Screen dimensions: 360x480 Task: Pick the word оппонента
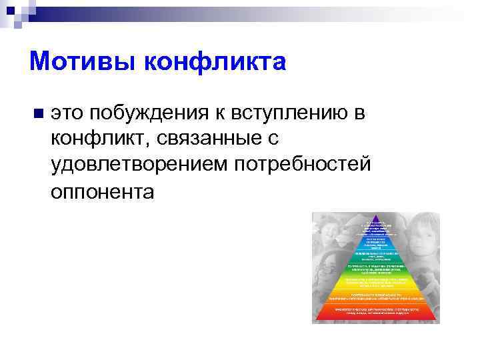coord(102,192)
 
